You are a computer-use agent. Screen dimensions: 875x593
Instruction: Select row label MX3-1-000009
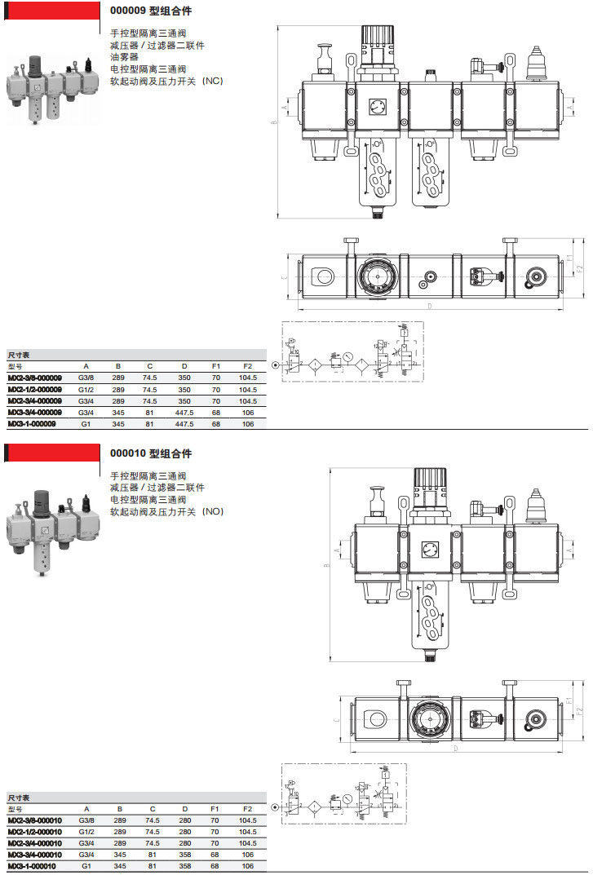[32, 424]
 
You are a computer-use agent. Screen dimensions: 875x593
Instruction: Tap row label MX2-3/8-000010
[33, 820]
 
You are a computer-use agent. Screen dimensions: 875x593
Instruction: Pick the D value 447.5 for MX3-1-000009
[184, 424]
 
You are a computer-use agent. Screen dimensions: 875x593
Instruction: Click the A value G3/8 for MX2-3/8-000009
[86, 378]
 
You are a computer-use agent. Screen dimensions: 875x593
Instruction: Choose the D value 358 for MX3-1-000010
[184, 866]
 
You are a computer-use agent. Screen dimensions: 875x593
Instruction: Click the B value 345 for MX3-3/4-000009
[118, 413]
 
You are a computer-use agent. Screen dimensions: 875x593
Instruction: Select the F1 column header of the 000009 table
[216, 366]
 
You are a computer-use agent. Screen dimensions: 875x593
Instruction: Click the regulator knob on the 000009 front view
[377, 39]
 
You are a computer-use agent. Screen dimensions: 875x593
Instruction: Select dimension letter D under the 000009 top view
[429, 307]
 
